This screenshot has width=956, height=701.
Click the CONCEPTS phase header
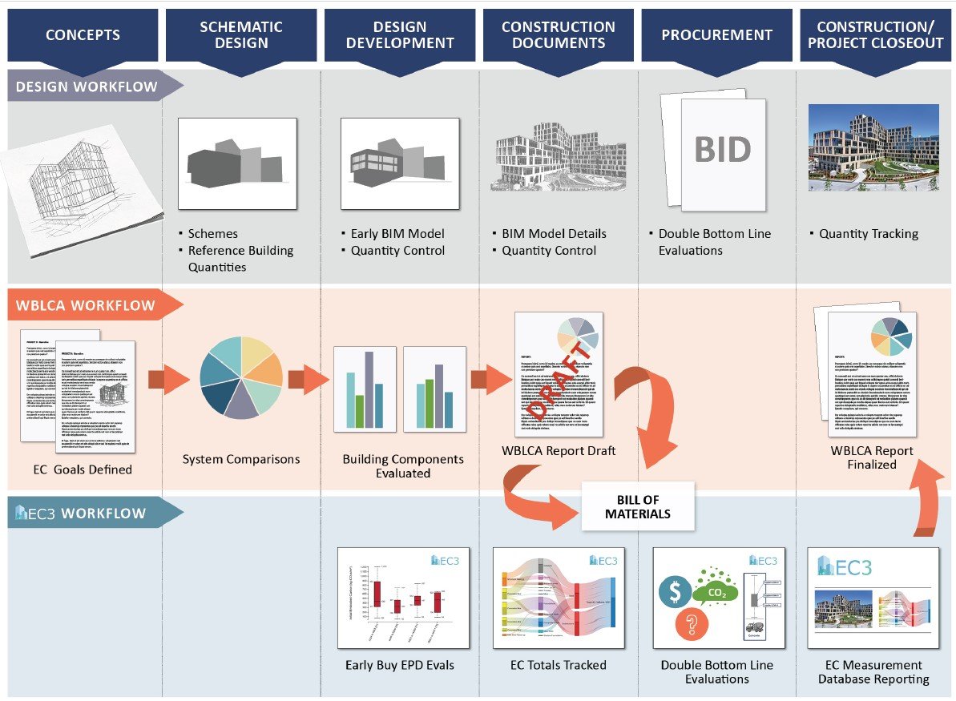click(x=83, y=34)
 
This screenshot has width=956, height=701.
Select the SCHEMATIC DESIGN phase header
click(x=241, y=34)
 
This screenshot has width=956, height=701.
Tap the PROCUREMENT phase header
click(x=717, y=34)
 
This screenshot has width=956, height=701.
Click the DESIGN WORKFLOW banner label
click(x=87, y=87)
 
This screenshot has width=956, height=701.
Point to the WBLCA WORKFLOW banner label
click(x=86, y=305)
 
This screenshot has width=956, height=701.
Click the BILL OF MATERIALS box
click(x=638, y=506)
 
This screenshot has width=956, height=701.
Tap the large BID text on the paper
click(x=723, y=150)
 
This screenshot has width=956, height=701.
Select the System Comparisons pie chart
click(x=240, y=378)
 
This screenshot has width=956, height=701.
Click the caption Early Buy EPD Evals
click(x=400, y=665)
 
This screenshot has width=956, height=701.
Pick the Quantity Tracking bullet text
click(x=869, y=234)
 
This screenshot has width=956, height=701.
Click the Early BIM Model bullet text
click(x=397, y=234)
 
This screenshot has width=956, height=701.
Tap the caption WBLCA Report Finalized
click(x=872, y=457)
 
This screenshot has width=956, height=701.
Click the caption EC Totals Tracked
click(x=559, y=665)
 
